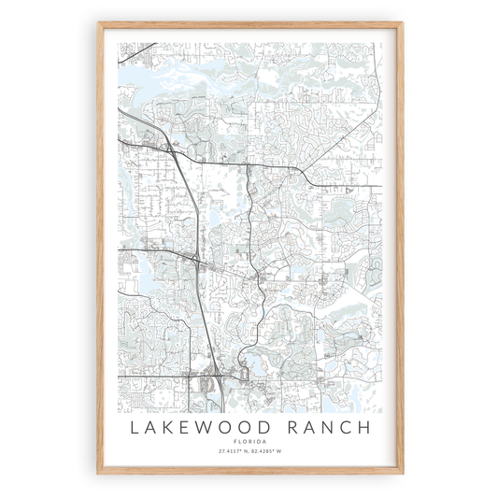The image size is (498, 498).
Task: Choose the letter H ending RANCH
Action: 363,428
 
